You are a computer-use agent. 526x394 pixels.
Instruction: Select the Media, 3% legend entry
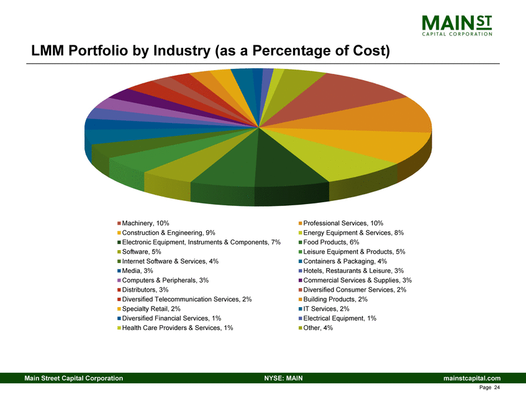[137, 271]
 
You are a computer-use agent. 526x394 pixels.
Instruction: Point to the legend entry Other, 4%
[318, 328]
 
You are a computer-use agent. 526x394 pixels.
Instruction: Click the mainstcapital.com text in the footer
[472, 378]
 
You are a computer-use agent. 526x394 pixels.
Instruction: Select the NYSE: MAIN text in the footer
[283, 378]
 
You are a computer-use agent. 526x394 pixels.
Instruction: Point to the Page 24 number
[491, 387]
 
